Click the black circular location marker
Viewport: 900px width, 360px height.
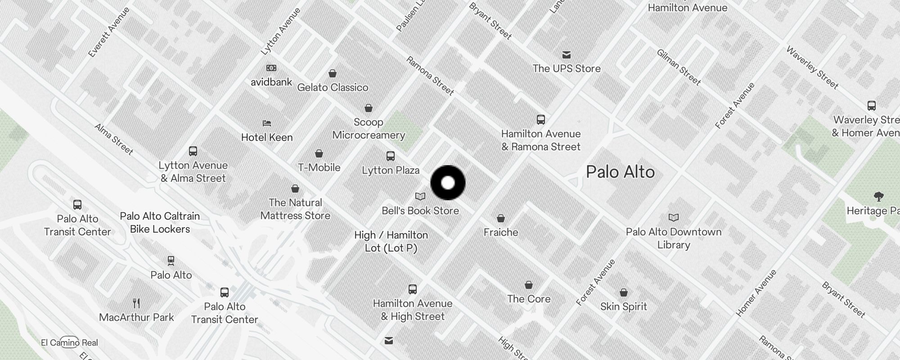point(448,183)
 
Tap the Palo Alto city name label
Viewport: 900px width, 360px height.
point(620,172)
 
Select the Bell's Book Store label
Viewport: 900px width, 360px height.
point(420,211)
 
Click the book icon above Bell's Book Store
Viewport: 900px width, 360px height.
point(420,197)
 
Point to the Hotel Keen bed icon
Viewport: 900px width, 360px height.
point(267,123)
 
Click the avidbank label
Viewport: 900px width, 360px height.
point(271,82)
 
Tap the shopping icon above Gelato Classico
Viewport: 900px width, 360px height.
point(333,73)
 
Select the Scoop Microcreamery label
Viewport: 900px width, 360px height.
point(369,129)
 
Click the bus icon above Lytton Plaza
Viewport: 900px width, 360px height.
point(391,156)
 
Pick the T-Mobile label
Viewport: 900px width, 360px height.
point(319,167)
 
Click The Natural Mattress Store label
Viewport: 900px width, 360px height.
point(295,209)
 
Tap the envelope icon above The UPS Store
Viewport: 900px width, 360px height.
point(567,55)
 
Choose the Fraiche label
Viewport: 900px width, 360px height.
point(501,232)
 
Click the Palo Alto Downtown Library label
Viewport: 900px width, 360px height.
point(673,238)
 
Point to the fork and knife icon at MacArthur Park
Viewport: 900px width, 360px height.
point(137,303)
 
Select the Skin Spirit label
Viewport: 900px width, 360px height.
point(623,306)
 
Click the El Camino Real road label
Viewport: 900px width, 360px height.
point(69,342)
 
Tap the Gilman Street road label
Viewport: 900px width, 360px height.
point(679,67)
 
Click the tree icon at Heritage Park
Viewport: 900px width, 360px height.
point(878,197)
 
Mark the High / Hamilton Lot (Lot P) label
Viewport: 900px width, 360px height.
point(391,241)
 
